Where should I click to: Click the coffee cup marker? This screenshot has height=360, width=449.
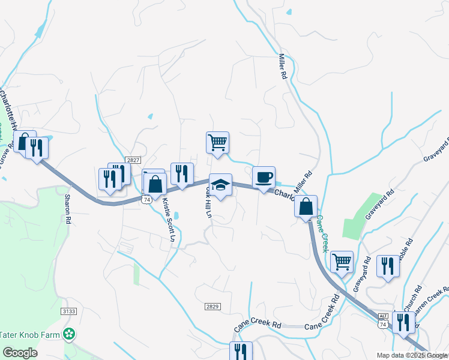[x=264, y=178]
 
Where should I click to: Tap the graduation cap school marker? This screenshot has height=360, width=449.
[x=220, y=185]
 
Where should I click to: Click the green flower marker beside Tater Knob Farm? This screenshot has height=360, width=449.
[x=70, y=333]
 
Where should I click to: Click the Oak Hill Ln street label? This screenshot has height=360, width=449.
[x=208, y=202]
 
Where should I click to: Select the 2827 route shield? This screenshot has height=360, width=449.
[x=133, y=160]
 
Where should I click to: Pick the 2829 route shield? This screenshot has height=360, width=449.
[x=212, y=306]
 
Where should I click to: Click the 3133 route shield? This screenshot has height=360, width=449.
[x=69, y=311]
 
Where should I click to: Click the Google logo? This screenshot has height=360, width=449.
[x=20, y=353]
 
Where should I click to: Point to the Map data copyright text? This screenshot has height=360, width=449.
[x=412, y=355]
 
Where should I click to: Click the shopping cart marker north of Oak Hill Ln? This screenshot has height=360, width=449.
[x=217, y=143]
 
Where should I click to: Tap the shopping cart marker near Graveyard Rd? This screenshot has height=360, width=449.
[x=342, y=262]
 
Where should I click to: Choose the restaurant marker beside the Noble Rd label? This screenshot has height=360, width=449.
[x=388, y=266]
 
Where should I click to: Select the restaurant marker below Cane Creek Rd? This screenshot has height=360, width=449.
[x=241, y=352]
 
